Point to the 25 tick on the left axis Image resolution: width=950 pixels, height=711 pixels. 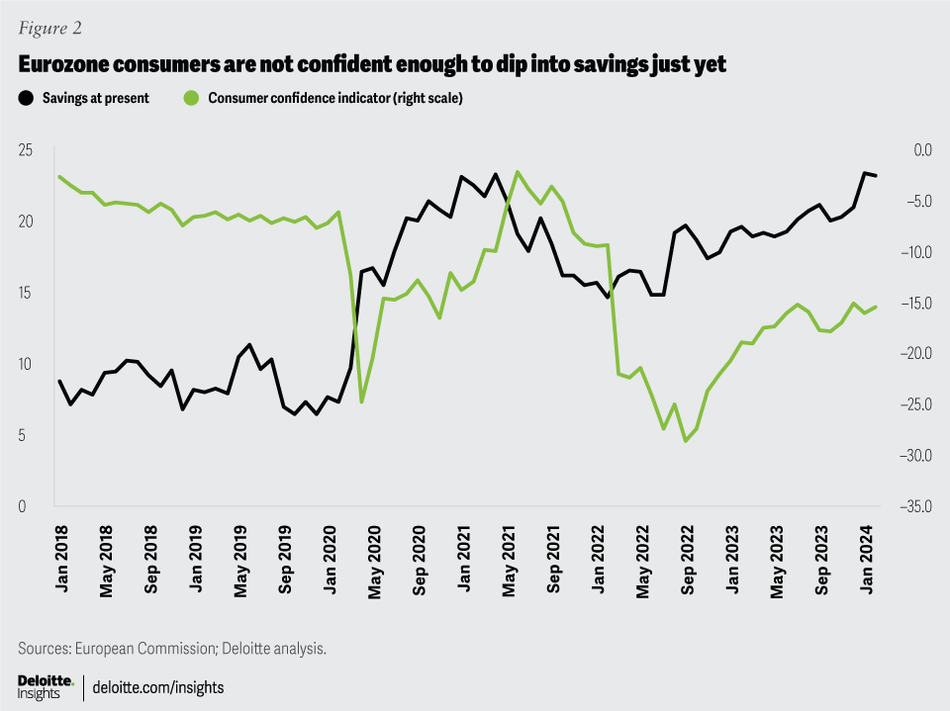coord(27,150)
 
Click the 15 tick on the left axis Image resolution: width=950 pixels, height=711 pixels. coord(27,293)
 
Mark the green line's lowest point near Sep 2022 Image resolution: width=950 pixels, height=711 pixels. coord(686,441)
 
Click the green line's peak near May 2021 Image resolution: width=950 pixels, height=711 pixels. coord(518,172)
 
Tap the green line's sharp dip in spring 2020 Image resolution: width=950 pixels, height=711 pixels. coord(362,401)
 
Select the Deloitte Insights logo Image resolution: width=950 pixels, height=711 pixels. coord(46,686)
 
